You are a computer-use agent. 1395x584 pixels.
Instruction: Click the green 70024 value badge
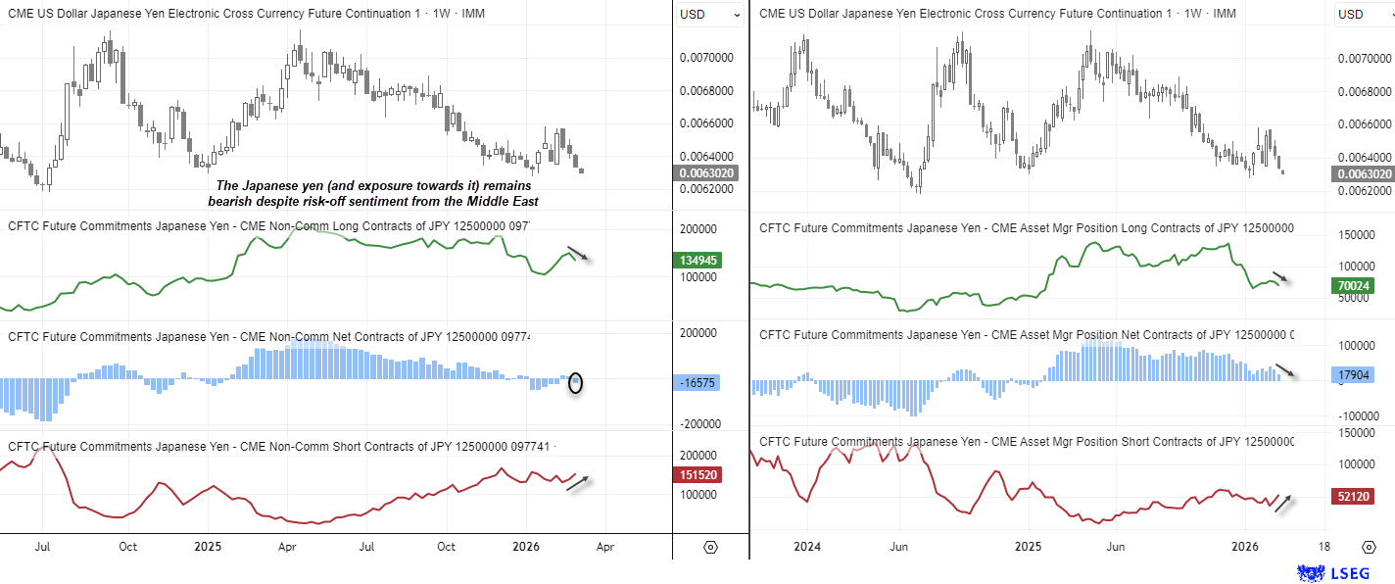(x=1353, y=286)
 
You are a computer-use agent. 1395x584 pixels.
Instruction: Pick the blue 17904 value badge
(x=1353, y=374)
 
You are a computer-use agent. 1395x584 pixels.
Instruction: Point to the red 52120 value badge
(x=1353, y=497)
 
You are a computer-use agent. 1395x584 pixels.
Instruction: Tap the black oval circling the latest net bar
(x=576, y=383)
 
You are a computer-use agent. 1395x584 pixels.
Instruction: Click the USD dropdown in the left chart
(x=710, y=15)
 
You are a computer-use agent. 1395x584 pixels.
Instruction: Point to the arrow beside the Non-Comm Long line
(x=578, y=254)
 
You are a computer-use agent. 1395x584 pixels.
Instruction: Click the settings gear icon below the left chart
(x=710, y=547)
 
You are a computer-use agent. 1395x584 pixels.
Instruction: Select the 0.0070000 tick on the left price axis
(x=706, y=58)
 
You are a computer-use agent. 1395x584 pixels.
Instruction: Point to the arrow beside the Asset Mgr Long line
(x=1282, y=277)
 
